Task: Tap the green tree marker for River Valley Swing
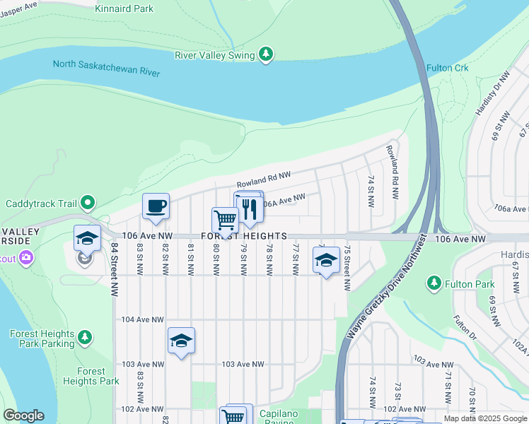tap(266, 54)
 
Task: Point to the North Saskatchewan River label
tap(106, 69)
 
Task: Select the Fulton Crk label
tap(448, 68)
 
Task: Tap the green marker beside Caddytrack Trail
tap(87, 204)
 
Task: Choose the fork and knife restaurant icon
tap(248, 209)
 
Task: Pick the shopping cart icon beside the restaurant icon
tap(225, 220)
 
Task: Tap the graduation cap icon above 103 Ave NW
tap(181, 341)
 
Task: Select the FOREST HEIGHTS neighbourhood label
tap(244, 236)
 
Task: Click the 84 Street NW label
tap(114, 269)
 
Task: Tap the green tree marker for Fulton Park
tap(433, 283)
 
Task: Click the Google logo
tap(23, 416)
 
